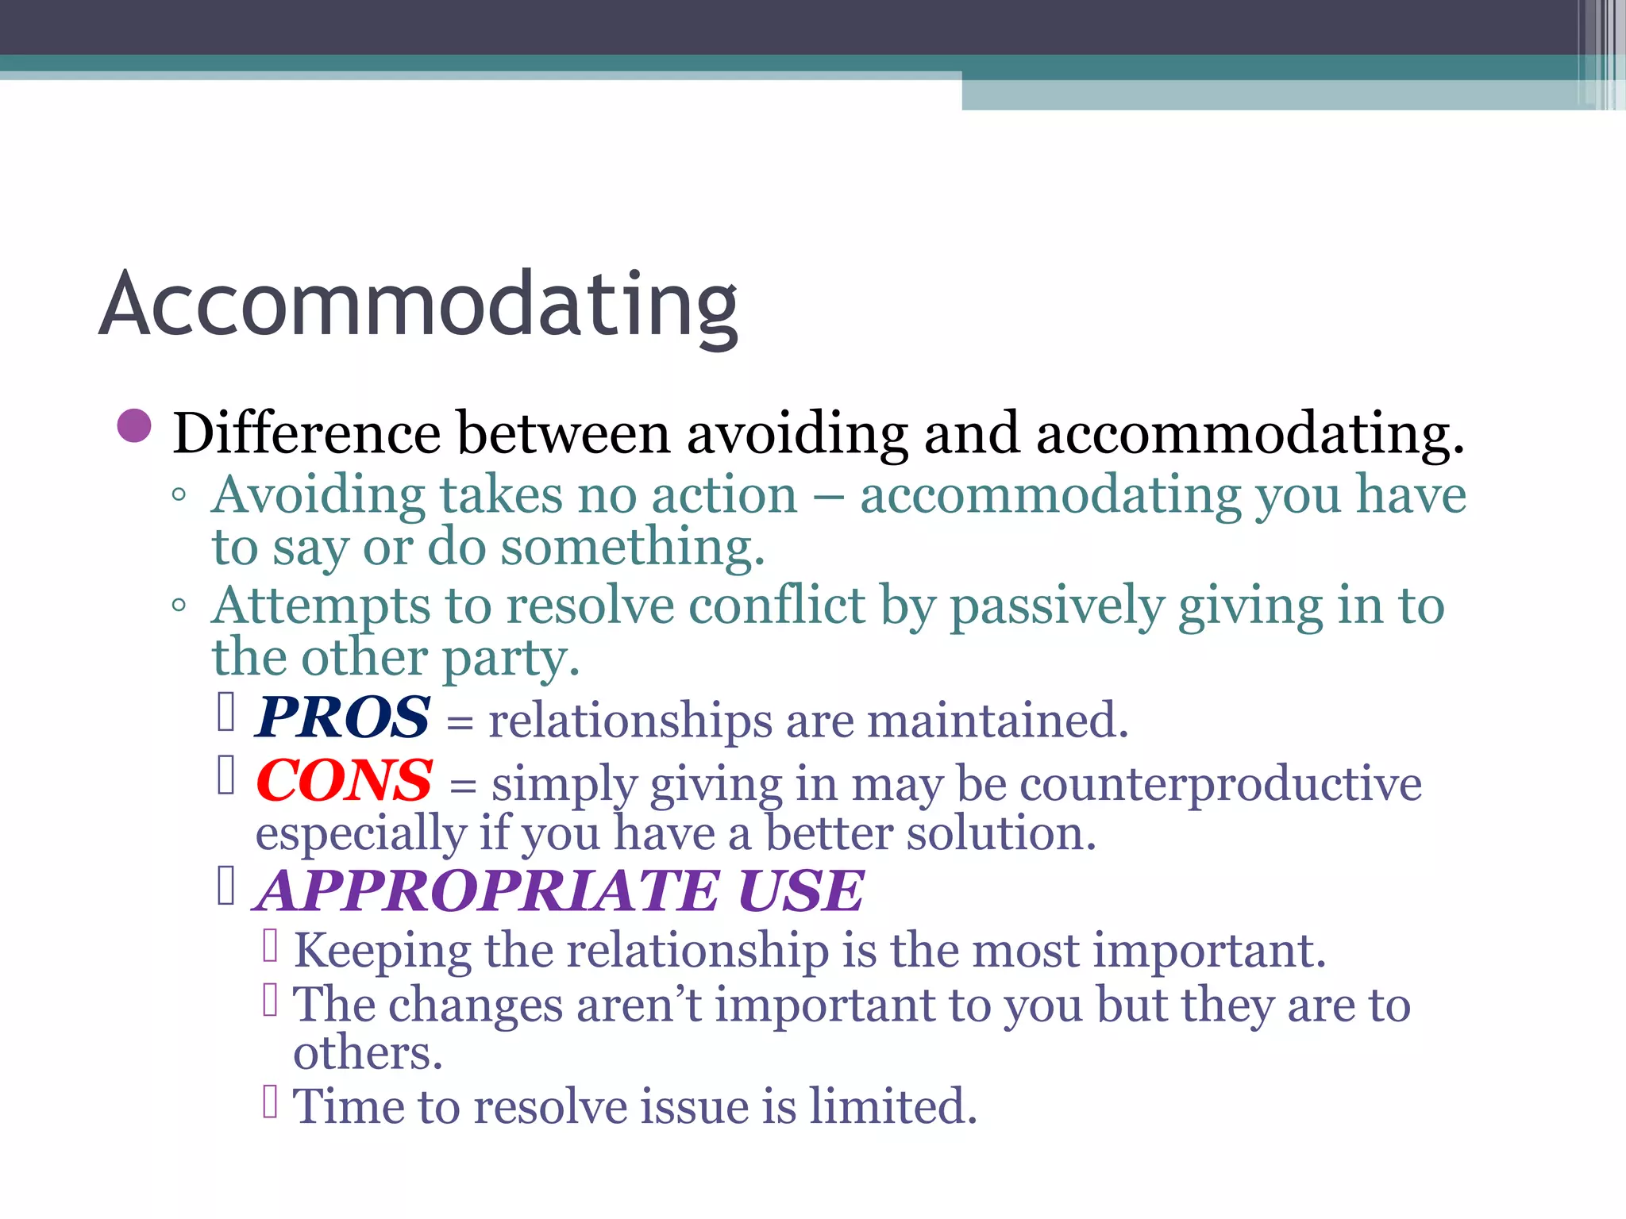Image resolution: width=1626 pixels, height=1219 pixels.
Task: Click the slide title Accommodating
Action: pos(418,306)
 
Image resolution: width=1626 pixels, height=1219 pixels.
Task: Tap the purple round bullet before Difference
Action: pos(133,426)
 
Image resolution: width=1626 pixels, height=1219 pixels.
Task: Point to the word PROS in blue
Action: pos(342,717)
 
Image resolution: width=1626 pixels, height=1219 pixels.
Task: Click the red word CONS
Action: pos(344,781)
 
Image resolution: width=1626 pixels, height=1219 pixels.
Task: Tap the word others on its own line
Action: pos(367,1053)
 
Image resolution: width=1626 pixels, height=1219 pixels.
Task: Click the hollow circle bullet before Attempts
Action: pos(179,606)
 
